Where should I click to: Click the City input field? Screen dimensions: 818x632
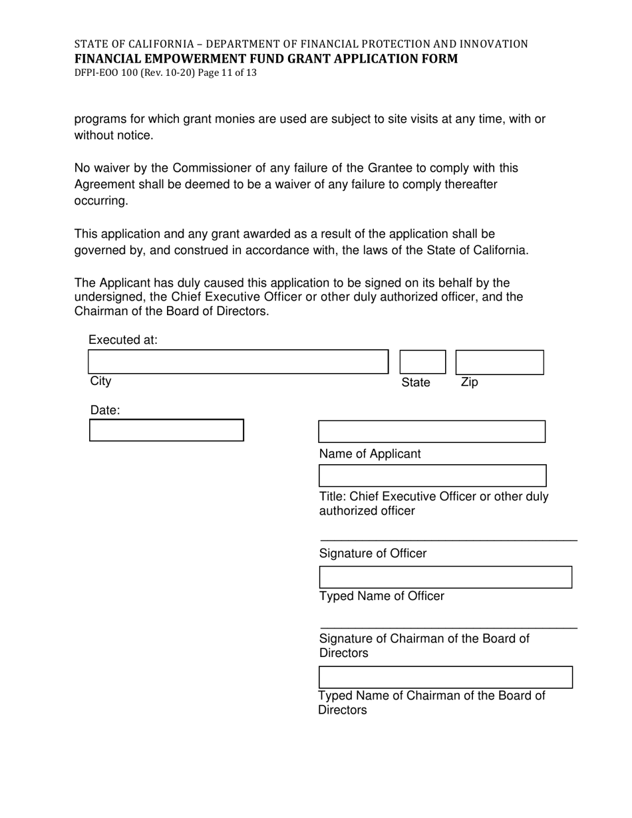point(237,362)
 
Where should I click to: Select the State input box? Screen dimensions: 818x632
point(422,362)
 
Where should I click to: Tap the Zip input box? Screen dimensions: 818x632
point(499,362)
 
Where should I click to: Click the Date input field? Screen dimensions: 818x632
point(166,430)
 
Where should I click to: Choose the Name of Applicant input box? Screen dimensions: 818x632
point(432,432)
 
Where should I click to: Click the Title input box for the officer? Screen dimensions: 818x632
point(432,476)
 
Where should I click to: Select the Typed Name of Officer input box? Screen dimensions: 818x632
point(445,577)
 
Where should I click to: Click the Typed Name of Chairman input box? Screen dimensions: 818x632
point(445,677)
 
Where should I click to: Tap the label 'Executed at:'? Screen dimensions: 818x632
point(123,340)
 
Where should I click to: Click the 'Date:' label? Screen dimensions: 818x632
point(105,410)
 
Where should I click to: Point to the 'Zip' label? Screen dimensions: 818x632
point(469,382)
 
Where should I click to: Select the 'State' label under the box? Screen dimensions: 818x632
point(416,383)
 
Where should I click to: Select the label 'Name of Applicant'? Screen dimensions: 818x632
point(370,454)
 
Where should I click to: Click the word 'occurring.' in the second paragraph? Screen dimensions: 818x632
point(100,201)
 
